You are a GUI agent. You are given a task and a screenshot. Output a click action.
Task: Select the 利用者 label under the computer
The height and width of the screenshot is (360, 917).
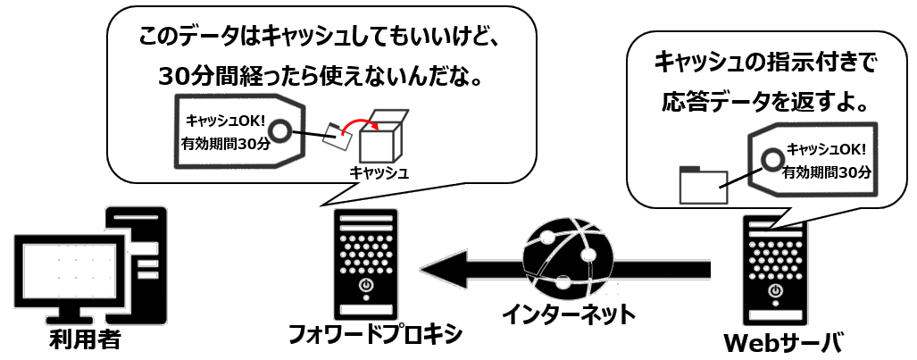point(86,340)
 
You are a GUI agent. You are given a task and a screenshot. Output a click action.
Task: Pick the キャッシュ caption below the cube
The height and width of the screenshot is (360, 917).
point(379,173)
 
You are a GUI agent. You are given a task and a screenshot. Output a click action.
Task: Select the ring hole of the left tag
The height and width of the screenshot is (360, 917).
point(279,131)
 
